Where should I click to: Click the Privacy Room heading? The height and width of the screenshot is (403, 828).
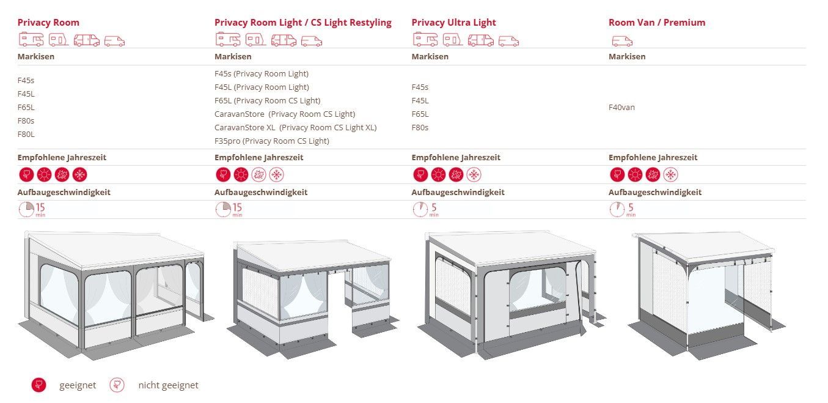[x=48, y=23]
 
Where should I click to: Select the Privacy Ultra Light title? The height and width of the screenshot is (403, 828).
[x=453, y=23]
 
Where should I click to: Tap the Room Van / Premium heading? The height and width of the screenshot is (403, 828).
[x=657, y=23]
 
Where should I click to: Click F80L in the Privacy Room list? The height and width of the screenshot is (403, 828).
[x=26, y=135]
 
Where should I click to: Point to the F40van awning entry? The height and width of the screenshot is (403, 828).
[x=621, y=107]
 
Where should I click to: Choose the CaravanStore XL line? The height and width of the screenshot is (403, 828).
[x=295, y=128]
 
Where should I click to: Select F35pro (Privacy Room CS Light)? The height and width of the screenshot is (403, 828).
[x=272, y=141]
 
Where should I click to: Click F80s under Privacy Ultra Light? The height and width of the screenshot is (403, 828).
[x=420, y=128]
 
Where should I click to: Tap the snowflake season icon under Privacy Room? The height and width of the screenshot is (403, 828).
[x=80, y=175]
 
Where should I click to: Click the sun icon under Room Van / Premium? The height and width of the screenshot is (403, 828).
[x=635, y=175]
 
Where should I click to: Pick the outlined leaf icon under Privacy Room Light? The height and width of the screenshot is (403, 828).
[x=258, y=175]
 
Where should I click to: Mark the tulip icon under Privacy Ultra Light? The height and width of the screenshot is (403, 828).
[x=420, y=175]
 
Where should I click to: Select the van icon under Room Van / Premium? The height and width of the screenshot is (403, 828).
[x=622, y=41]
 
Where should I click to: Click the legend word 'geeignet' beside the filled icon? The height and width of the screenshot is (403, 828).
[x=78, y=385]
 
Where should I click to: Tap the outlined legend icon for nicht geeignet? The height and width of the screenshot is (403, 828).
[x=117, y=385]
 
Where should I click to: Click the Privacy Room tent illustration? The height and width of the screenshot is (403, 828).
[x=115, y=295]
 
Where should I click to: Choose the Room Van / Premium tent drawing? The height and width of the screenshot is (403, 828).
[x=706, y=295]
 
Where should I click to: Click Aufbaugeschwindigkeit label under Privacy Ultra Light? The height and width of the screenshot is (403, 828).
[x=458, y=193]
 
